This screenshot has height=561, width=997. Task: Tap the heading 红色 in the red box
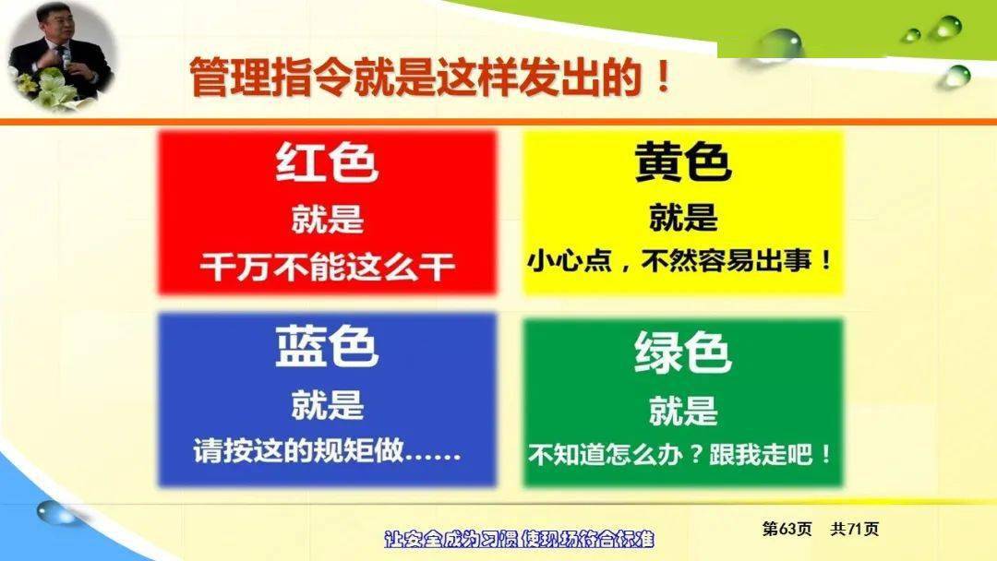pyautogui.click(x=327, y=162)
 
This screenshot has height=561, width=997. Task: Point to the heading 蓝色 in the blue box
pyautogui.click(x=327, y=346)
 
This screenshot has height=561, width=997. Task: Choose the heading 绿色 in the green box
pyautogui.click(x=683, y=352)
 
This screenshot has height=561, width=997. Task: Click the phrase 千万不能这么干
pyautogui.click(x=328, y=267)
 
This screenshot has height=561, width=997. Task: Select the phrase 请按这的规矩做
pyautogui.click(x=299, y=450)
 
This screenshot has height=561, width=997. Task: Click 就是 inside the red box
pyautogui.click(x=328, y=219)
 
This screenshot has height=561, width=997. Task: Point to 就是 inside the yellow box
pyautogui.click(x=683, y=217)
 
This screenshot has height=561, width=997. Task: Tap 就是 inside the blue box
pyautogui.click(x=328, y=404)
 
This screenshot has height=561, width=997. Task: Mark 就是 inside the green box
pyautogui.click(x=683, y=410)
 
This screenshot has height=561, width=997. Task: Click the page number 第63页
pyautogui.click(x=787, y=529)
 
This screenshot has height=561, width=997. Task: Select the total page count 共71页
pyautogui.click(x=855, y=529)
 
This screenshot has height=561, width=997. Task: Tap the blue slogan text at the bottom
pyautogui.click(x=520, y=540)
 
